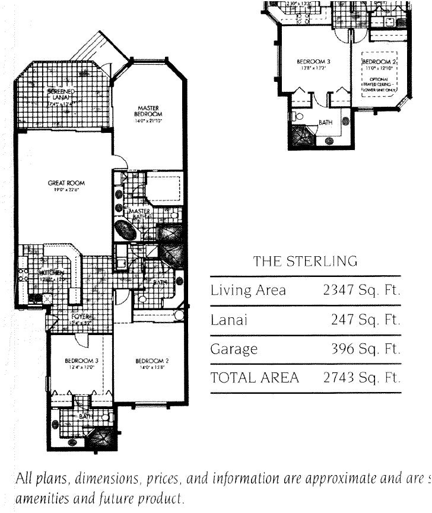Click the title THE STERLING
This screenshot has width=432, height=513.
coord(305,261)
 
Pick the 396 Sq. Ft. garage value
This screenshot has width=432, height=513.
coord(366,349)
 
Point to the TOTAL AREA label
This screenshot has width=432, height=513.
coord(255,378)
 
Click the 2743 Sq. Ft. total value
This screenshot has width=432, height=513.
coord(361,378)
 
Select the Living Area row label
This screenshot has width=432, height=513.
coord(248,291)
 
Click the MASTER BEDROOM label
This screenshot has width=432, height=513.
coord(148,111)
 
